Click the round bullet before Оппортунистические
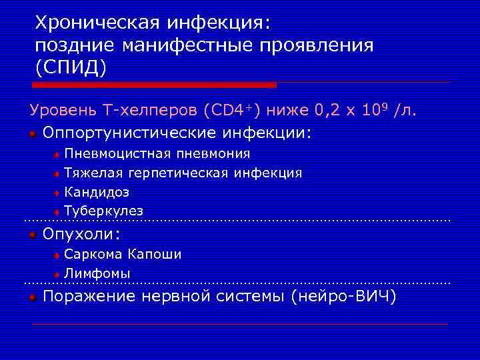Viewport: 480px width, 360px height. tap(32, 133)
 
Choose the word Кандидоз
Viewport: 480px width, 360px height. tap(97, 192)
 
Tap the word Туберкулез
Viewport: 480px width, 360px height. tap(103, 211)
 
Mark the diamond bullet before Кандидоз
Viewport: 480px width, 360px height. tap(57, 193)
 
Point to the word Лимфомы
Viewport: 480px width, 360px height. tap(97, 273)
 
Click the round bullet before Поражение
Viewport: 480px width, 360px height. tap(32, 297)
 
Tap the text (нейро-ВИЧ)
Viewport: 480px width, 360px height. tap(343, 297)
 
